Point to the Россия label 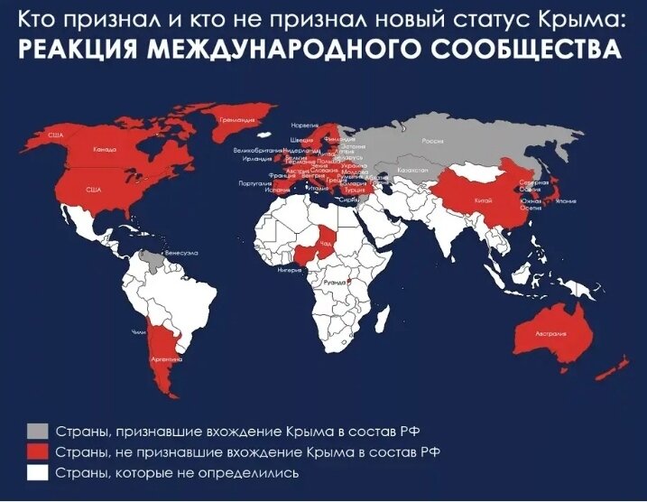[433, 141]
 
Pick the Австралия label [551, 333]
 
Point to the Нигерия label [289, 269]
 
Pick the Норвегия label [305, 125]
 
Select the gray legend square [37, 429]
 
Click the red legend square [37, 451]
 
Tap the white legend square [37, 472]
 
